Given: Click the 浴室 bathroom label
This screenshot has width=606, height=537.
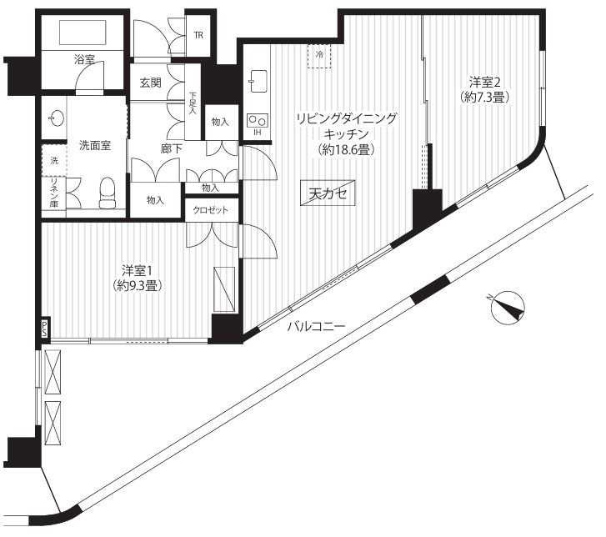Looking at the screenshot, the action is coord(84,59).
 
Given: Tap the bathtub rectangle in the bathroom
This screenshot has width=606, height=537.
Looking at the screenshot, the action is coord(83,33).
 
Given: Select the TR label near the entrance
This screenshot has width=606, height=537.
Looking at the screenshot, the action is coord(198,36).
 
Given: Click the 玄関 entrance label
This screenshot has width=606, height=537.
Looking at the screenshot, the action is coord(151,83).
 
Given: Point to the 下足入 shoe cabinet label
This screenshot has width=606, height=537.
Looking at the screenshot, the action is coord(193,103).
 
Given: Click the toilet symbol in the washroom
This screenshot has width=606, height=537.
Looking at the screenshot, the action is coord(107,193).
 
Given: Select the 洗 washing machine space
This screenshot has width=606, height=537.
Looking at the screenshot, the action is coord(54,160).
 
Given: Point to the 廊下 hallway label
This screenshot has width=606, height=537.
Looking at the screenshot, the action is coord(171,149).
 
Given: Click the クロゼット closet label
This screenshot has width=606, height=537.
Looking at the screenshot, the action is coord(211,210).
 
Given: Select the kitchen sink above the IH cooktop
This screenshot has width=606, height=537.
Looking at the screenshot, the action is coord(258,81).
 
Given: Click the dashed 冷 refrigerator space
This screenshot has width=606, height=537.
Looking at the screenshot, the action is coord(319,56).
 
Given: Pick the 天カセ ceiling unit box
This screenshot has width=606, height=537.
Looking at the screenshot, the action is coord(328,193).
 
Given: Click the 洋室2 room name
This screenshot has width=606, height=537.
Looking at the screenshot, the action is coord(484,83).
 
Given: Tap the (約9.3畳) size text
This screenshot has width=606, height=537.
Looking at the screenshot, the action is coord(137,286).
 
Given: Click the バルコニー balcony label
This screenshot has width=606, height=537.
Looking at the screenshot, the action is coord(316,327).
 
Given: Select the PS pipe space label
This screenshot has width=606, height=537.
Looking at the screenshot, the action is coord(45,328).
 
